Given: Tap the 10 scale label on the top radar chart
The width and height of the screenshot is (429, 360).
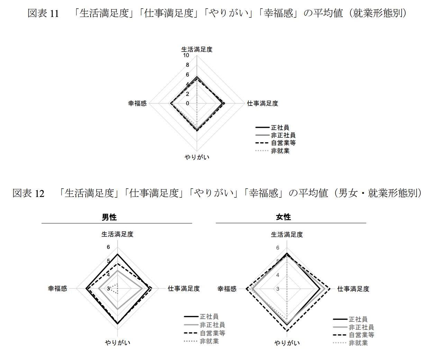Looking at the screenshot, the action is (186, 55).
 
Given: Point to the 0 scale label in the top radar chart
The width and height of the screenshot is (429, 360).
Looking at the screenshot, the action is (188, 103).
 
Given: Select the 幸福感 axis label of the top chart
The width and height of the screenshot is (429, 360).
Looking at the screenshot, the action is (137, 103).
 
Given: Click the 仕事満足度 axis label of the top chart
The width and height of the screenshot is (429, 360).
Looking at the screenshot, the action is (262, 103).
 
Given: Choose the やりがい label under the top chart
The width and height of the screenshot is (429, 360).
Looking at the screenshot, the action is (197, 157).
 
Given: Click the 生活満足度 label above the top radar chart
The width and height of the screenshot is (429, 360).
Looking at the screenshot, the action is (197, 49).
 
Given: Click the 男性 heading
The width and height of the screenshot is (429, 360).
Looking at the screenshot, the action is (109, 217).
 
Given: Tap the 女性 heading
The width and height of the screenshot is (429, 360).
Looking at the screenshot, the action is (283, 217).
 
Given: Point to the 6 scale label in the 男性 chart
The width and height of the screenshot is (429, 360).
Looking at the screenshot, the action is (108, 247).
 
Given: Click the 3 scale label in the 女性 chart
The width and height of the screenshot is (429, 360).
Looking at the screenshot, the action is (278, 289).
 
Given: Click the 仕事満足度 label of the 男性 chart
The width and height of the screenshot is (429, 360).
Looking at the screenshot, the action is (184, 288).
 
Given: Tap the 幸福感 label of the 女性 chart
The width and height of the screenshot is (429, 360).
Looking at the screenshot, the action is (227, 289).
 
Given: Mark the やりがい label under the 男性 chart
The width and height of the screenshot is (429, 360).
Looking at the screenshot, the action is (118, 343).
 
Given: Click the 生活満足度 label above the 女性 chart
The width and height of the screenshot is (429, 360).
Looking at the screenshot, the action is (287, 235).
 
